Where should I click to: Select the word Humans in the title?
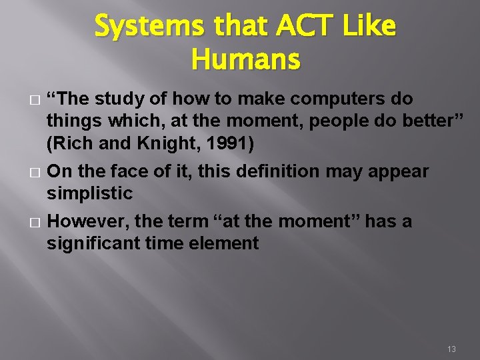(245, 60)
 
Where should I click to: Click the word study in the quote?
(115, 99)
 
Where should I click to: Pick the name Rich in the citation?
(71, 143)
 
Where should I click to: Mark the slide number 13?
(451, 349)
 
